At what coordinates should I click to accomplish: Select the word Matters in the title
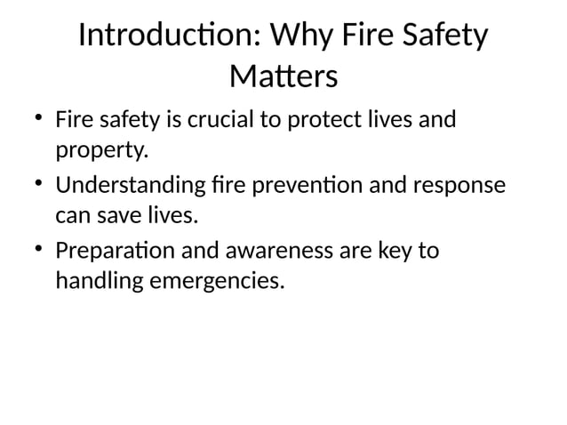click(x=283, y=77)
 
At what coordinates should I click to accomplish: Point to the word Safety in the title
click(x=445, y=37)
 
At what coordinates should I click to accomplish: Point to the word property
click(x=100, y=151)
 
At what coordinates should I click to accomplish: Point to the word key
click(x=394, y=252)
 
